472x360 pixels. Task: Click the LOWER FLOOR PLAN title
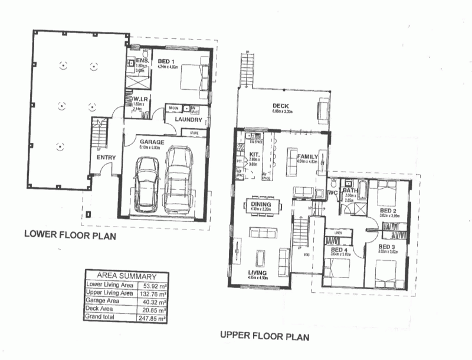70,235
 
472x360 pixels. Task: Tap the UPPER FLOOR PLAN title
264,336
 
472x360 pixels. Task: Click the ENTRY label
107,157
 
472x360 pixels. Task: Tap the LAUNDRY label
188,120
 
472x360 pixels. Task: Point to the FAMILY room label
307,156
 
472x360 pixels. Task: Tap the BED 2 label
388,211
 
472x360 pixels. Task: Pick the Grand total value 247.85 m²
155,318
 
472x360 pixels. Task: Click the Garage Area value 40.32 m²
156,301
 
